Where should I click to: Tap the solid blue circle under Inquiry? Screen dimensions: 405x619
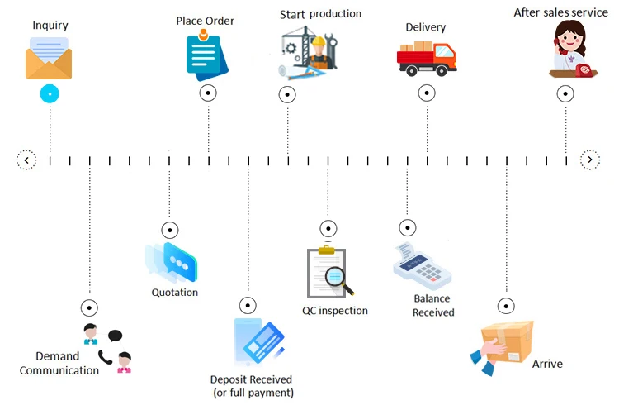click(50, 94)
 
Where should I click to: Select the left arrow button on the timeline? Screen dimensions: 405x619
click(26, 160)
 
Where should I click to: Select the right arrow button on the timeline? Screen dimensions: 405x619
click(589, 160)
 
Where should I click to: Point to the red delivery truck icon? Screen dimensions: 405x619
click(426, 56)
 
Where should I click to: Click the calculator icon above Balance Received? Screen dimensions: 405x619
click(423, 266)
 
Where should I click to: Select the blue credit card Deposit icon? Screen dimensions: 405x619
click(262, 342)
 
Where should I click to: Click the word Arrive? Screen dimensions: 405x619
click(547, 364)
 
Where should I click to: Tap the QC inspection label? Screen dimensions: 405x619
click(335, 311)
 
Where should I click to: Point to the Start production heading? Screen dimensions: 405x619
click(320, 14)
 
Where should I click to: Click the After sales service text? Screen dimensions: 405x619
click(560, 12)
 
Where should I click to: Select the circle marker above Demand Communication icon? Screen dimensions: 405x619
click(89, 307)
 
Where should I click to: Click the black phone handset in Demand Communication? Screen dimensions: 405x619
click(105, 356)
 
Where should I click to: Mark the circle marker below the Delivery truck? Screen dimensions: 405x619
click(428, 93)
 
